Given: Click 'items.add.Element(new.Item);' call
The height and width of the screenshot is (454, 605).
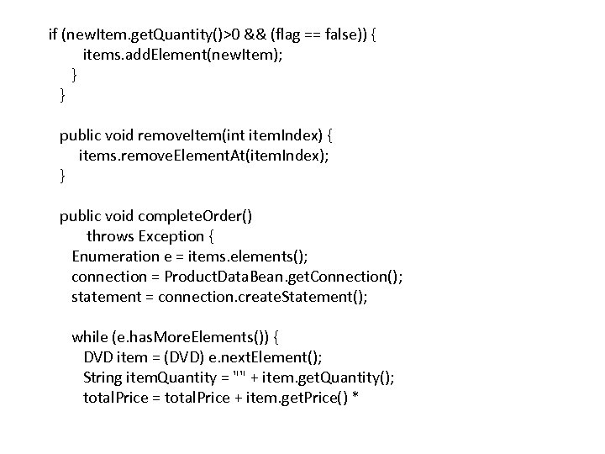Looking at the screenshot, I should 176,55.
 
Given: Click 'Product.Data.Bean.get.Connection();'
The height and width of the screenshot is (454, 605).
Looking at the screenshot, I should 284,277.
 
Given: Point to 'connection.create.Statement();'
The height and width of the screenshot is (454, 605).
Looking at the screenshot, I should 263,297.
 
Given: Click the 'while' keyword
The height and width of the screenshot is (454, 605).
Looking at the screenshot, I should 89,337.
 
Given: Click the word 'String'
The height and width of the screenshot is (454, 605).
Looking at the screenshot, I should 103,377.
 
